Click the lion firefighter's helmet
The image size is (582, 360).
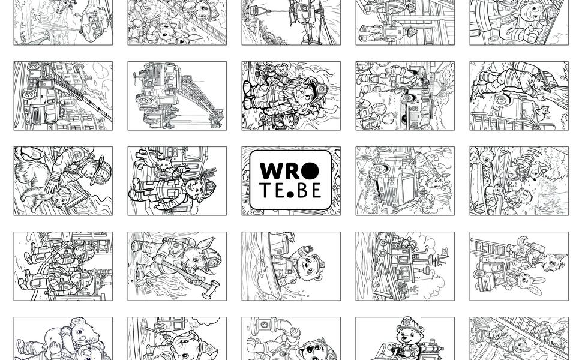317,89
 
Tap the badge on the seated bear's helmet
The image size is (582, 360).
408,321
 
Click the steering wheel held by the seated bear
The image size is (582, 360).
391,349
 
